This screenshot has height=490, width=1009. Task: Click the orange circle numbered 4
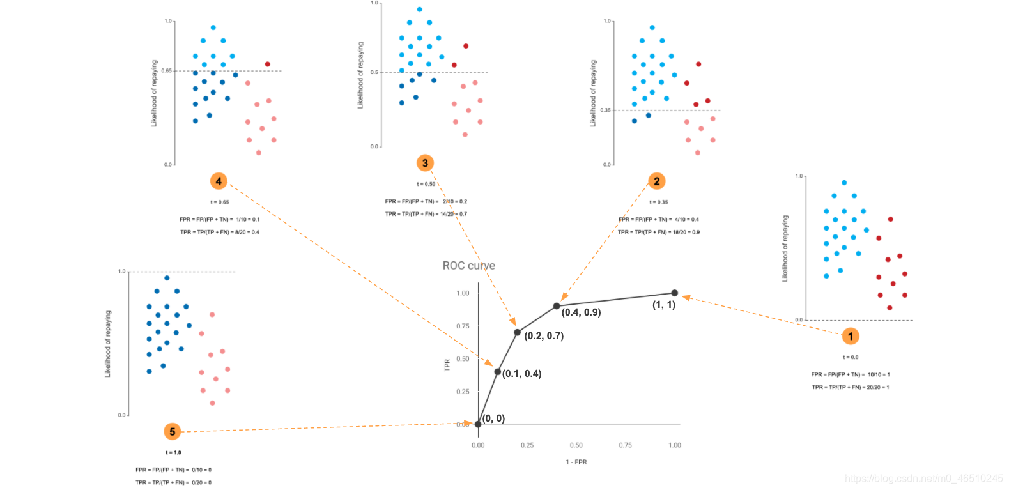pyautogui.click(x=219, y=181)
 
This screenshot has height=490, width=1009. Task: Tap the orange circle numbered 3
pyautogui.click(x=426, y=163)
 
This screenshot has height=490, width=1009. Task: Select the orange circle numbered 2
pyautogui.click(x=657, y=181)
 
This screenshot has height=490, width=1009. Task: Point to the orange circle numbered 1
pyautogui.click(x=851, y=336)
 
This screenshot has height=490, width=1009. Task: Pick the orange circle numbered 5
pyautogui.click(x=173, y=432)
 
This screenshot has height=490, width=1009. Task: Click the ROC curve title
pyautogui.click(x=468, y=266)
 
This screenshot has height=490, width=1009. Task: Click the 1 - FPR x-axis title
pyautogui.click(x=576, y=462)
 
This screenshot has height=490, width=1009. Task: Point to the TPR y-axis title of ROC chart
pyautogui.click(x=447, y=365)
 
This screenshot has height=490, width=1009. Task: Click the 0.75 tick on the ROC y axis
pyautogui.click(x=463, y=326)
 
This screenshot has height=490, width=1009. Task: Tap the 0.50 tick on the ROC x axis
pyautogui.click(x=576, y=445)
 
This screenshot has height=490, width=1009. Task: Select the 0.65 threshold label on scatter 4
pyautogui.click(x=166, y=71)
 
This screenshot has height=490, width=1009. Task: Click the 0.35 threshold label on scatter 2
pyautogui.click(x=605, y=111)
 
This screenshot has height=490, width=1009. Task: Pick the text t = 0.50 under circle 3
pyautogui.click(x=426, y=184)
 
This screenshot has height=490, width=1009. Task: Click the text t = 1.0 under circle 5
pyautogui.click(x=173, y=452)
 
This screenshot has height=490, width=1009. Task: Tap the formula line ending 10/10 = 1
pyautogui.click(x=850, y=374)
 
